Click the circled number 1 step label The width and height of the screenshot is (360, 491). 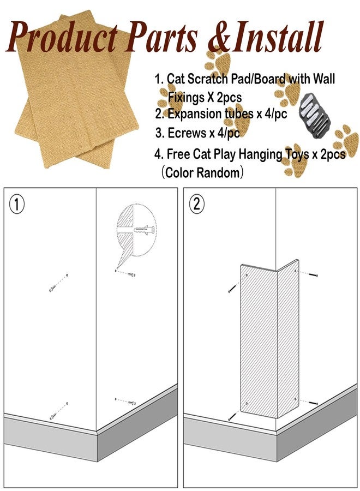coord(16,205)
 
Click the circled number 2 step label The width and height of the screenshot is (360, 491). coord(196,205)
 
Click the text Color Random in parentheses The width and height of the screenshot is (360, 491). coord(202,172)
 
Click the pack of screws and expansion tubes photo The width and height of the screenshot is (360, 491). coord(314,117)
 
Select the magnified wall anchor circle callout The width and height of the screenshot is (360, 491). coord(136,231)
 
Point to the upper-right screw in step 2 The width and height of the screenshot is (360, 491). coord(313,275)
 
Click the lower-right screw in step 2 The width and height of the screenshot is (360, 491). coord(313,403)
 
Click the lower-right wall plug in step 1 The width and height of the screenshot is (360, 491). coord(131,403)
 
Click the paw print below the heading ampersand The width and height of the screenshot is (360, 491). coord(218,64)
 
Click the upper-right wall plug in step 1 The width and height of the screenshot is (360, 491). coord(131,274)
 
